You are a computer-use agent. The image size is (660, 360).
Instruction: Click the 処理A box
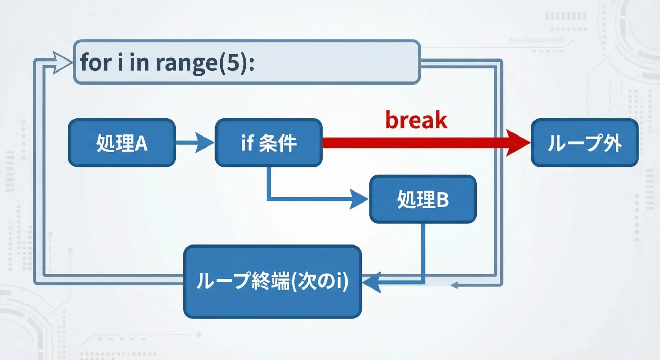tap(122, 143)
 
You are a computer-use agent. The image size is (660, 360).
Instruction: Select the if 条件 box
tap(268, 143)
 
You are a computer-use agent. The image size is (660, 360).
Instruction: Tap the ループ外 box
tap(584, 143)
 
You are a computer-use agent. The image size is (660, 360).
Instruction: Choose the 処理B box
tap(423, 199)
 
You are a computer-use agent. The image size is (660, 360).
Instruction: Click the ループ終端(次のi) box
tap(272, 281)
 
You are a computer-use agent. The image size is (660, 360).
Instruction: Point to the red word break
tap(416, 120)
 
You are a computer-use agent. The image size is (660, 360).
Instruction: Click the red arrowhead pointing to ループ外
tap(517, 143)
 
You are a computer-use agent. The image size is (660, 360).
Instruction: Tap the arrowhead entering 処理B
tap(359, 199)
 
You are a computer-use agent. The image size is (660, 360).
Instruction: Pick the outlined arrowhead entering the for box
tap(62, 62)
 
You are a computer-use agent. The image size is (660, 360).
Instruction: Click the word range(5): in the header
tap(205, 63)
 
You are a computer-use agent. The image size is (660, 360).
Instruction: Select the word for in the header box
tap(96, 63)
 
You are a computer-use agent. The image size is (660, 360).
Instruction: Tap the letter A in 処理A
tap(141, 143)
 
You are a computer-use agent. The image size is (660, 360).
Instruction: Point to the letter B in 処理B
tap(442, 199)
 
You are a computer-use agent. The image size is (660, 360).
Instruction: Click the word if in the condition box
tap(247, 143)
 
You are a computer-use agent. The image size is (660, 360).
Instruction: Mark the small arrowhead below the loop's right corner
tap(454, 285)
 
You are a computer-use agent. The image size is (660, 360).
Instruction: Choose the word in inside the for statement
tap(139, 63)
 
